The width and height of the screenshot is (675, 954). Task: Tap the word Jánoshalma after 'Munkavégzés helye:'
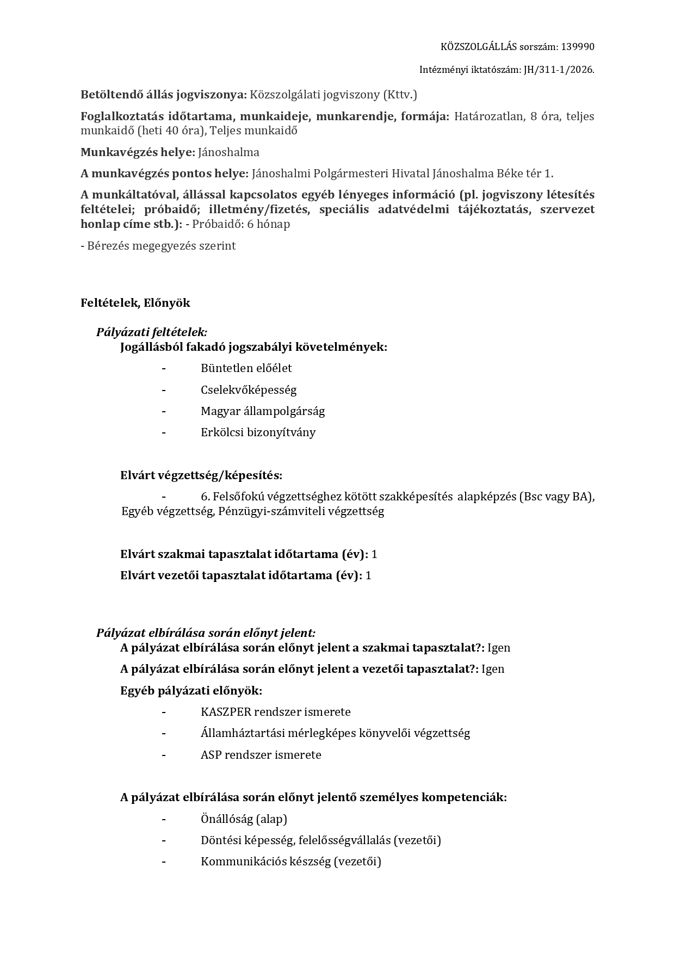click(x=228, y=152)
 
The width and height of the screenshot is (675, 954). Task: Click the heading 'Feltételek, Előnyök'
click(x=135, y=303)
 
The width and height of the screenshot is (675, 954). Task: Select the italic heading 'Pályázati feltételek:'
click(x=152, y=332)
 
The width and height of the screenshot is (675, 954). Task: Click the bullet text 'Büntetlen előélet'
click(x=246, y=368)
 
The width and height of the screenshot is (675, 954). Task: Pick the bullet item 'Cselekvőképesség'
click(x=249, y=390)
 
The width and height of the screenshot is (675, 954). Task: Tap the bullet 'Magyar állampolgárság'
click(x=263, y=411)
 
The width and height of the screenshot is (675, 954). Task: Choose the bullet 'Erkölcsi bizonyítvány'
click(x=258, y=432)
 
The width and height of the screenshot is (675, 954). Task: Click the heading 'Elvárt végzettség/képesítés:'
click(x=201, y=475)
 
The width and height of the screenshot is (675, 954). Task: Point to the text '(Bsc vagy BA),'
click(x=556, y=497)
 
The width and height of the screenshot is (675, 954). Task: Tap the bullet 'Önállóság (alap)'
click(x=244, y=819)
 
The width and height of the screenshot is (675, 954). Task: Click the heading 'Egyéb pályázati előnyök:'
click(x=191, y=691)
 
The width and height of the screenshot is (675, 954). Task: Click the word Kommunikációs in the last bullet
click(x=238, y=862)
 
